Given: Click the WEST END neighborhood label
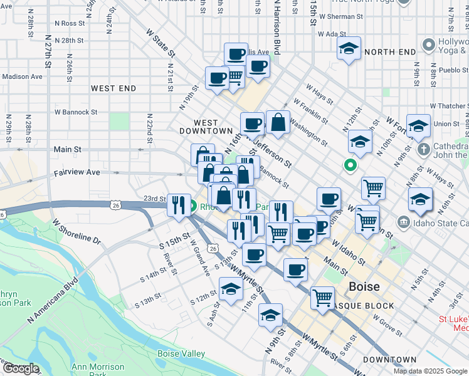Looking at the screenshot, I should tap(113, 88).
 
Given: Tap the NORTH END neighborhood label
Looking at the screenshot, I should tap(390, 51).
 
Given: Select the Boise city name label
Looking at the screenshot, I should tap(364, 286).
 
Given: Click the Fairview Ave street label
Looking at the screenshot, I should tap(76, 172).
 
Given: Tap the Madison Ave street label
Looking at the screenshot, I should tap(22, 76).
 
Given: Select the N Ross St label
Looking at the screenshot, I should tap(69, 23).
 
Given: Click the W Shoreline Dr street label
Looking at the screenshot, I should tap(76, 231).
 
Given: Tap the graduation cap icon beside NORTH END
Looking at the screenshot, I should tap(349, 48).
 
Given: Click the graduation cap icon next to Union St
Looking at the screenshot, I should tap(418, 126).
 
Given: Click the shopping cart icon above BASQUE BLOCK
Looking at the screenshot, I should tap(322, 297).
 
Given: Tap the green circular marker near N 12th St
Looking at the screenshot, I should tap(350, 166).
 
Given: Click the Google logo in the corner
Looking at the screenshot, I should tap(21, 369).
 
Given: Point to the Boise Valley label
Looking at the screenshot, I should tap(181, 354).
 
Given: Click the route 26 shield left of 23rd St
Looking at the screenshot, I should tap(115, 204).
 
